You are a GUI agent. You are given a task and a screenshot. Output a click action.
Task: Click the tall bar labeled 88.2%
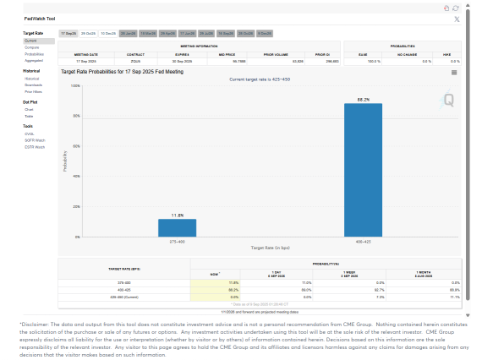(x=363, y=169)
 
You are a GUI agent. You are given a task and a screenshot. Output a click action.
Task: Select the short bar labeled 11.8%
(x=177, y=227)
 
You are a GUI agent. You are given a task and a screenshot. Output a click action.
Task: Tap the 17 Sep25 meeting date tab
(x=68, y=33)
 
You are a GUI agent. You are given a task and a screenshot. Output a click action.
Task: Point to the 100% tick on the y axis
(x=75, y=85)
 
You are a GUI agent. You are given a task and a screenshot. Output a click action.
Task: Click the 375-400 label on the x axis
(x=177, y=241)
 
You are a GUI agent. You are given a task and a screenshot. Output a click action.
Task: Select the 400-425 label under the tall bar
(x=363, y=241)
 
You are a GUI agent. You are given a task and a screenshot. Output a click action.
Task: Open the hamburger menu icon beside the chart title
(x=454, y=73)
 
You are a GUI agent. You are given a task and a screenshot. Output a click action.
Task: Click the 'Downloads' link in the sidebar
(x=33, y=85)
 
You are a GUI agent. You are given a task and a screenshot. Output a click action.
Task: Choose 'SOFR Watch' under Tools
(x=35, y=140)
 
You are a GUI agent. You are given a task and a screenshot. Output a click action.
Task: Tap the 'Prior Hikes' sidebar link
(x=33, y=91)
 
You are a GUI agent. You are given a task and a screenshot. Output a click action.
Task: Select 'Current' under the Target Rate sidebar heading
(x=30, y=40)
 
